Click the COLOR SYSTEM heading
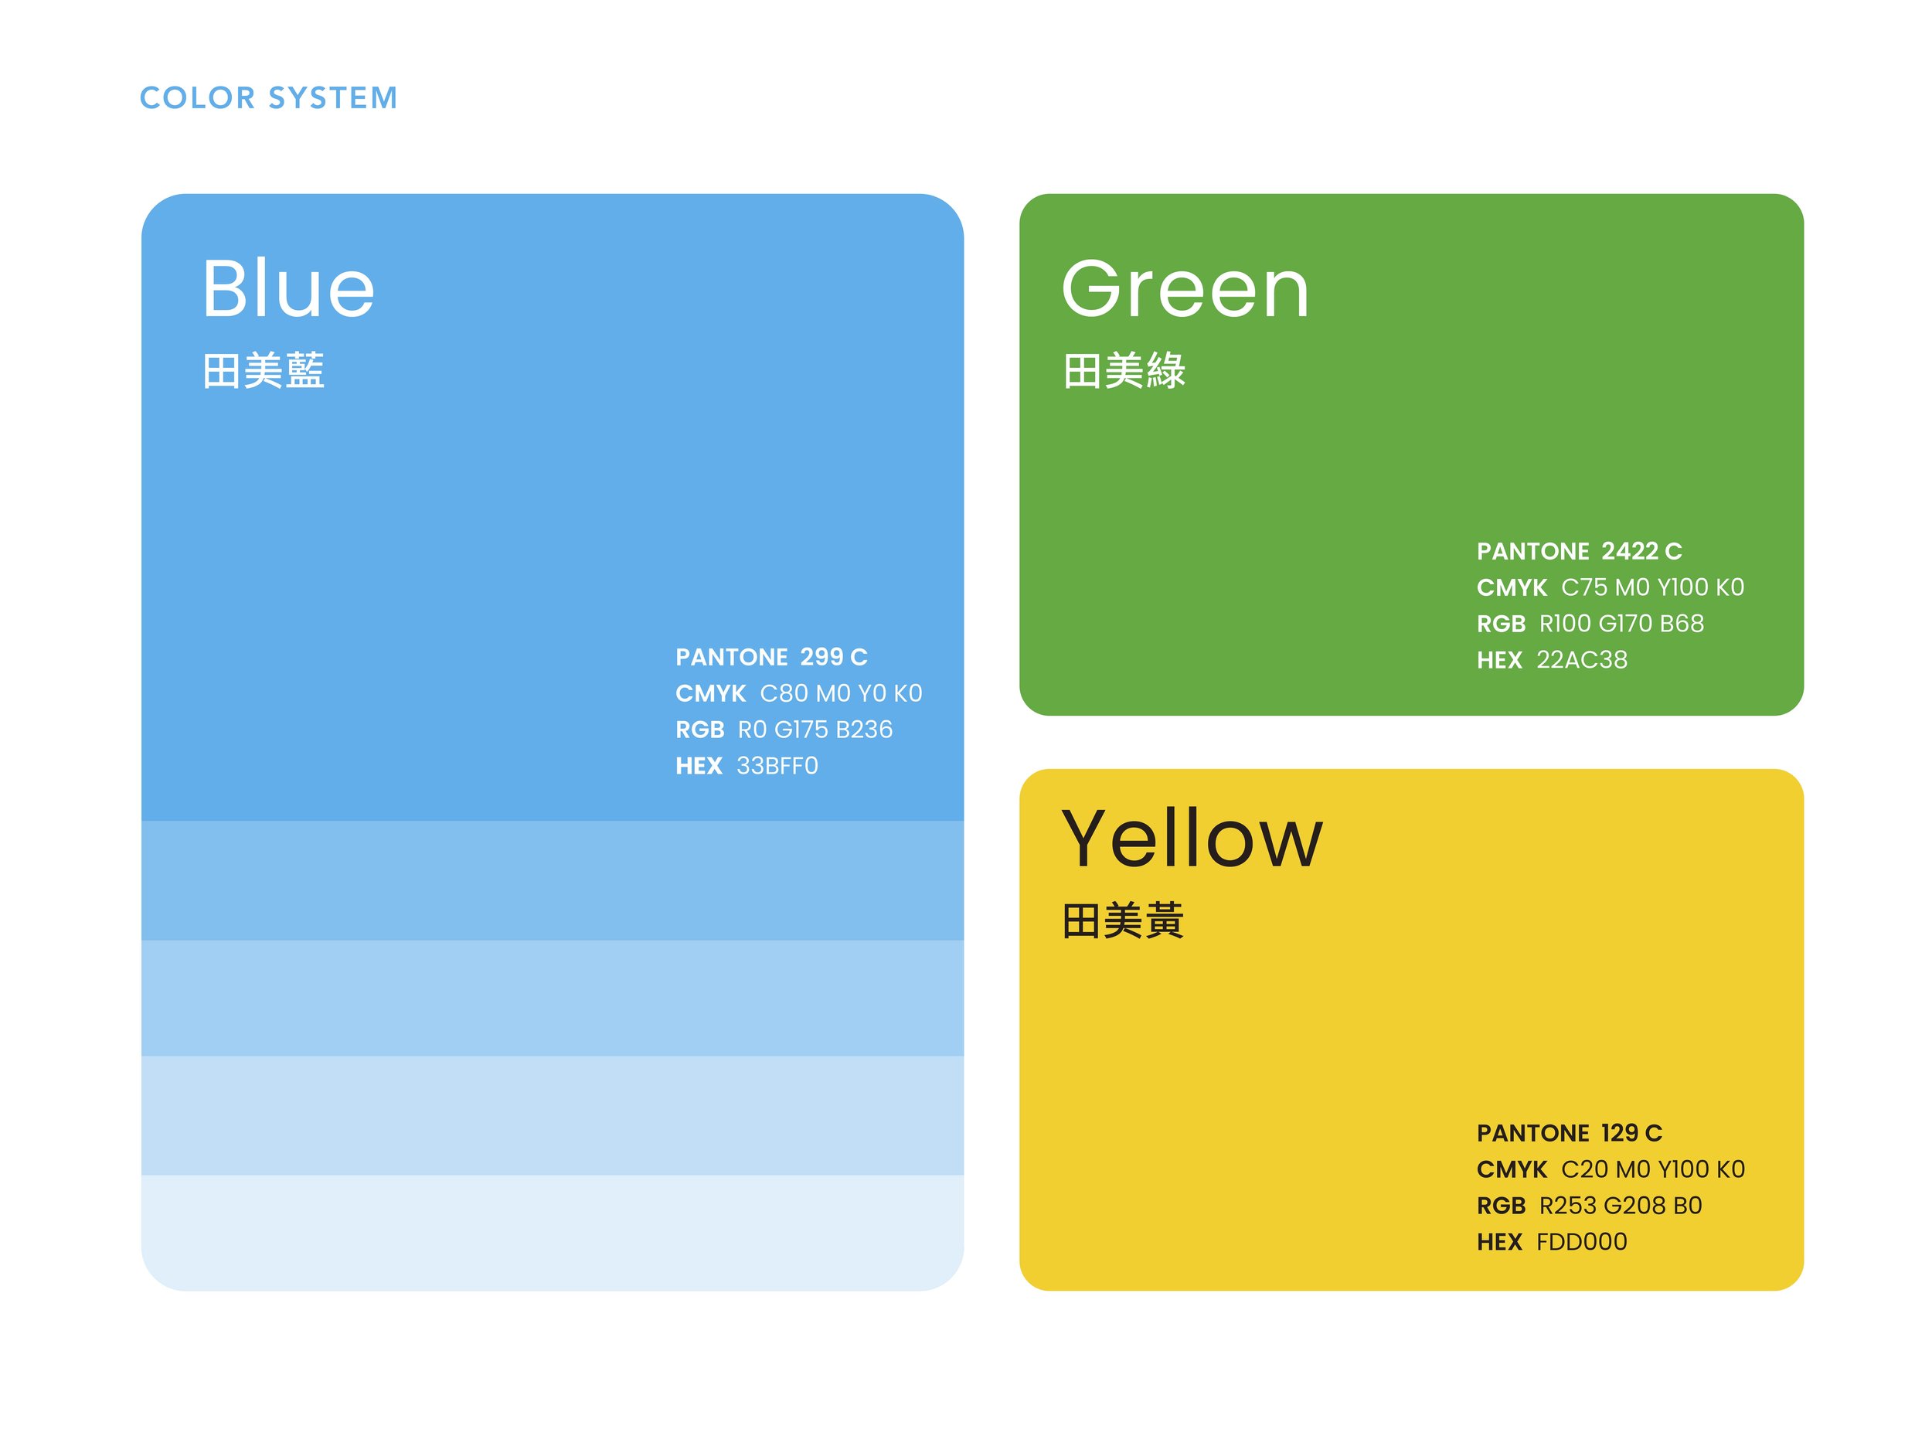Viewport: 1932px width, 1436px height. (269, 98)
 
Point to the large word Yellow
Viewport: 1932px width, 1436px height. (1192, 839)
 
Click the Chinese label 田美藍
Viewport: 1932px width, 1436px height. (264, 371)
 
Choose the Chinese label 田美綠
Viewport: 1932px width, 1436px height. (1124, 371)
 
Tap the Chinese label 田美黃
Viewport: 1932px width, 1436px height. (1122, 921)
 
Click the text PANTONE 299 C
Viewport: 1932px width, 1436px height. (771, 657)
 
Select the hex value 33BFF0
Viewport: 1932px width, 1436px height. (777, 766)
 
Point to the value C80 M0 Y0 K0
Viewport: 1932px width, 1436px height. (840, 694)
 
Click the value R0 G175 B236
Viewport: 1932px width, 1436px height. (815, 730)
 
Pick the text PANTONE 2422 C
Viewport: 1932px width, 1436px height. (1578, 551)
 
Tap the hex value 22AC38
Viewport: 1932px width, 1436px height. (1581, 660)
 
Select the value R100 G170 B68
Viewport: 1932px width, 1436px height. (1621, 623)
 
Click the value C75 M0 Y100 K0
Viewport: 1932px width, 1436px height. (1651, 587)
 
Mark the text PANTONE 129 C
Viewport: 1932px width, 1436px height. (1569, 1132)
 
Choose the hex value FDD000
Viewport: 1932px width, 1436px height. (1581, 1241)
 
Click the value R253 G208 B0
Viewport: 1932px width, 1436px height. (1620, 1206)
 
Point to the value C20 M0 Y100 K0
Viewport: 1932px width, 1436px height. (1652, 1169)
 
